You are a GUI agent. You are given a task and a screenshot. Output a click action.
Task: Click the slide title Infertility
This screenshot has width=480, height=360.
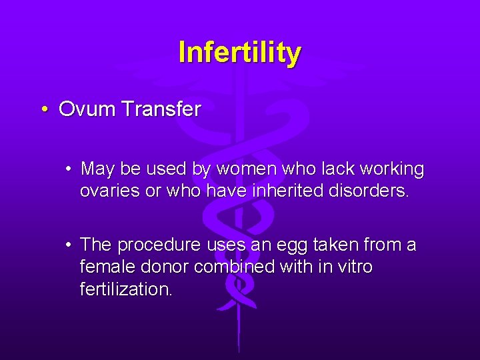point(239,52)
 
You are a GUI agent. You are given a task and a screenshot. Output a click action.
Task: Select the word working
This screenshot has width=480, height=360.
point(389,170)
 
